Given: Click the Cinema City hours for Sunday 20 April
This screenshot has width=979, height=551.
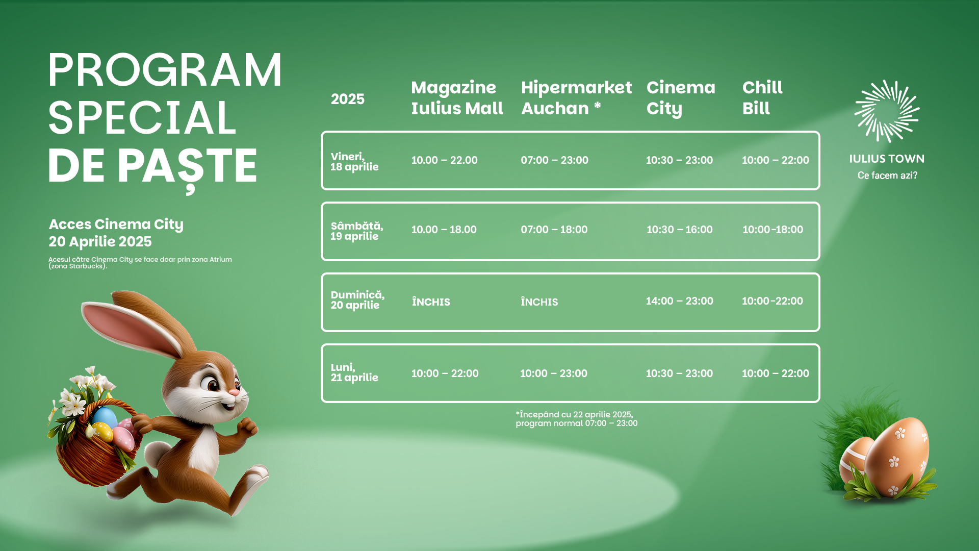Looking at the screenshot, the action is click(679, 301).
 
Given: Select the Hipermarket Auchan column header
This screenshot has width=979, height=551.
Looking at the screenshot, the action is click(576, 98).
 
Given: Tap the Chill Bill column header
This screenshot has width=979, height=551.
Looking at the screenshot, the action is click(762, 98).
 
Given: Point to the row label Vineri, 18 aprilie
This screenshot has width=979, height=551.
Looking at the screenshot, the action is click(354, 162).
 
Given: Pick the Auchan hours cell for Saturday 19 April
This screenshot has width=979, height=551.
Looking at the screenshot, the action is click(554, 230).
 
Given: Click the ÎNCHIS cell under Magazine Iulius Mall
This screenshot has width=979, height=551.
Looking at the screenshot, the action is click(431, 302).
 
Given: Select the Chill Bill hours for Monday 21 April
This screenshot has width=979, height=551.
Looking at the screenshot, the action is click(775, 373).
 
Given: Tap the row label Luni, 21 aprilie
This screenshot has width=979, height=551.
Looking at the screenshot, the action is click(354, 372).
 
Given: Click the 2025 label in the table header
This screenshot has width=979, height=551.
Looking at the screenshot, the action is click(348, 99).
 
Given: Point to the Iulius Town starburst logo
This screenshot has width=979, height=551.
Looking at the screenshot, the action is click(887, 111).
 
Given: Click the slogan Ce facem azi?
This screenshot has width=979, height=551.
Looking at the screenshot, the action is click(887, 176).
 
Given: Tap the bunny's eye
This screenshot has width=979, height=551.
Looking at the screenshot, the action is click(212, 384).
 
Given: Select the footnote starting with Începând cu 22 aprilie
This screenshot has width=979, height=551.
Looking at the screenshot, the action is click(576, 419).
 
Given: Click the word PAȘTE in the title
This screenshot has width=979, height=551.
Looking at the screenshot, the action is click(187, 167).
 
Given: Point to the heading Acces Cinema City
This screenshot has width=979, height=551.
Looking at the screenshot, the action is click(116, 224).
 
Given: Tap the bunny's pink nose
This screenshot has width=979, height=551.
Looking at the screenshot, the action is click(234, 392).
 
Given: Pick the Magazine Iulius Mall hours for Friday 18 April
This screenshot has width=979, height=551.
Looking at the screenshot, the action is click(444, 160).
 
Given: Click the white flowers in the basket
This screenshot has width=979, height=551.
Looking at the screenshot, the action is click(84, 393).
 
